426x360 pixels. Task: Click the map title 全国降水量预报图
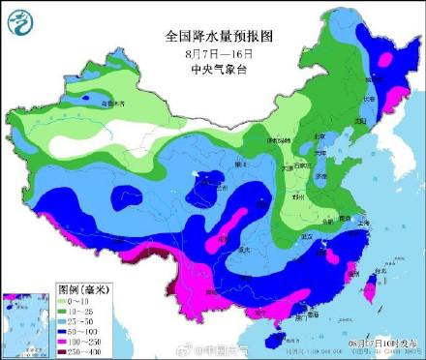click(x=220, y=35)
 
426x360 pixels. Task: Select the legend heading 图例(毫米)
click(x=82, y=287)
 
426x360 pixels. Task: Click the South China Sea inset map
click(x=27, y=321)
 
